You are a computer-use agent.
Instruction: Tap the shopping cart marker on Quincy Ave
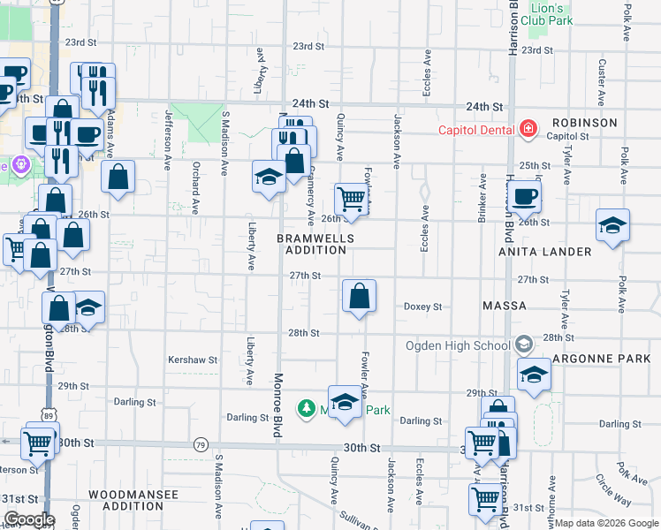(x=351, y=199)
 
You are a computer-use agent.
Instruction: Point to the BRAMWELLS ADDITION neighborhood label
(x=315, y=245)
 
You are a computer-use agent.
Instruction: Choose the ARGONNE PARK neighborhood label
(x=601, y=359)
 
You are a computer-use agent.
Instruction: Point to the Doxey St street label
(x=422, y=307)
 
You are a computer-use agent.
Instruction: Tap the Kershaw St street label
(x=193, y=360)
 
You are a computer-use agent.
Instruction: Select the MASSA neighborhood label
(x=505, y=306)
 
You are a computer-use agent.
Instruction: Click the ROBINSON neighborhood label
(x=584, y=123)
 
